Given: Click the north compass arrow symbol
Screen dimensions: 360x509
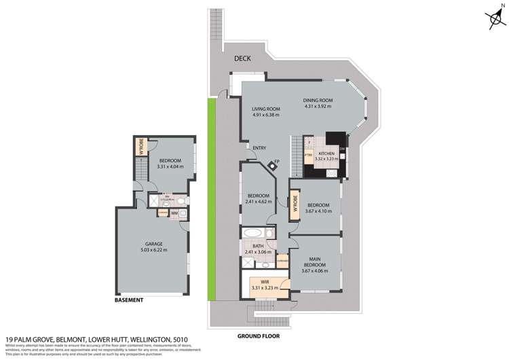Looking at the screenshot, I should tap(493, 20).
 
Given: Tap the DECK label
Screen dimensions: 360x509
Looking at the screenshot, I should tap(242, 58).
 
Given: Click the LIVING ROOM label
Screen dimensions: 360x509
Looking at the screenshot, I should tap(267, 109).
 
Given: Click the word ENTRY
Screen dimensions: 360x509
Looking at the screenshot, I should tap(259, 148).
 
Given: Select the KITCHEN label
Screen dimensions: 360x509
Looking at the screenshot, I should tap(327, 154).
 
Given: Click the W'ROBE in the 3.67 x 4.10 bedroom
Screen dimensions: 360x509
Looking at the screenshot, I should tap(295, 205).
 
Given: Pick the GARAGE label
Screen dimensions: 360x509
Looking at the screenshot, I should tap(153, 243).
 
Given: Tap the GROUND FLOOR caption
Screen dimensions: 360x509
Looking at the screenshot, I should tap(258, 336).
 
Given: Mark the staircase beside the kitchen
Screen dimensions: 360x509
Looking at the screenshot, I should tap(296, 156).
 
